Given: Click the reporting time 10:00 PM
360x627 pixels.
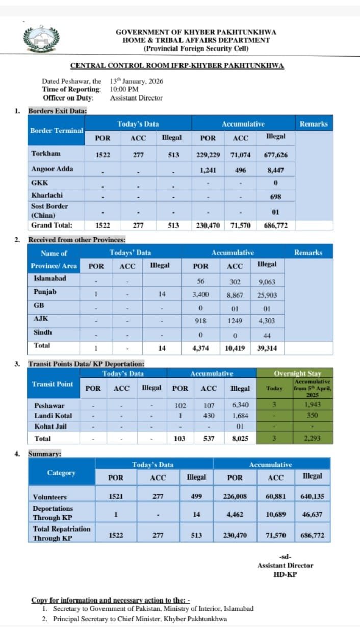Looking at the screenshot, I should pos(124,89).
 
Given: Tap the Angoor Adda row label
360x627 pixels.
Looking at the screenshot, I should pos(52,169).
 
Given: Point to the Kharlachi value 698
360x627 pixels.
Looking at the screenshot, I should pos(276,196).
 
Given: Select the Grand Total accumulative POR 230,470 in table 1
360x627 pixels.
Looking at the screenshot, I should pos(208,225).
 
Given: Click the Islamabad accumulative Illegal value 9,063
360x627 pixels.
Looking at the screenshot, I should pos(267,281).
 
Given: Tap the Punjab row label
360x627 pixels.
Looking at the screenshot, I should pos(45,292).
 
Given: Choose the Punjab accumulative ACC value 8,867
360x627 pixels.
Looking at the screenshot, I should pos(235,295).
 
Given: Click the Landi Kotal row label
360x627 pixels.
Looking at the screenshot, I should pos(53,416).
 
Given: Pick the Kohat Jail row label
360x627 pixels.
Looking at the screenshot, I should pos(50,427).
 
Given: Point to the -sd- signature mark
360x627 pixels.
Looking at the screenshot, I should pos(285,557).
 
